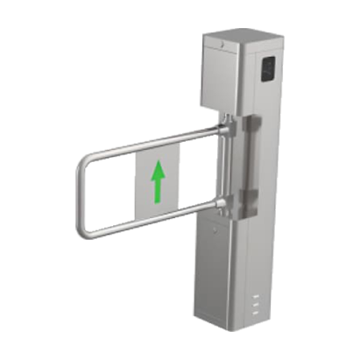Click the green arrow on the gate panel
[x=158, y=182]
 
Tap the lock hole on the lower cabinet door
[x=215, y=229]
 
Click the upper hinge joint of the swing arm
[x=227, y=131]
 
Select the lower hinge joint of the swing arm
[x=227, y=208]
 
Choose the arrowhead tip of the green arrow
[x=158, y=165]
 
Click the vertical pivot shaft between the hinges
[x=229, y=171]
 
